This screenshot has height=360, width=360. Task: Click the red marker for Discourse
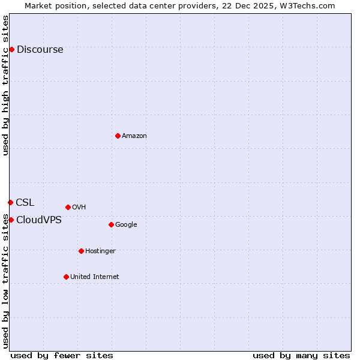click(11, 49)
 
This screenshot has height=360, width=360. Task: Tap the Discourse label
click(40, 50)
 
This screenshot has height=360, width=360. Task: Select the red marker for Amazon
click(118, 136)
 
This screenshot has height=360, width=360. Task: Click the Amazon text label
click(134, 136)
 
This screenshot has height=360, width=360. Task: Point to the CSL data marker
click(10, 202)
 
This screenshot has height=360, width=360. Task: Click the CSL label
click(25, 203)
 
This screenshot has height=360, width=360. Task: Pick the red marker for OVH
click(68, 207)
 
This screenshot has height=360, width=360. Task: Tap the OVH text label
click(79, 208)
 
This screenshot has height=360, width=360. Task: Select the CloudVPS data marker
click(11, 220)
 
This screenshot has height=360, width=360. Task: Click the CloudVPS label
click(39, 220)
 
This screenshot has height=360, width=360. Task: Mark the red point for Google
click(111, 224)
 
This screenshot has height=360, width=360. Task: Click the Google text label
click(126, 225)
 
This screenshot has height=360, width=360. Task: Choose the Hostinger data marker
click(81, 251)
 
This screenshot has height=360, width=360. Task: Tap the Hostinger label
click(100, 251)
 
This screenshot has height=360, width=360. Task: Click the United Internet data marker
click(66, 277)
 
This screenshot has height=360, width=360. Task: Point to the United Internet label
click(95, 277)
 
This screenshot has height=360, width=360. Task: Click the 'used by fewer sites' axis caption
click(62, 356)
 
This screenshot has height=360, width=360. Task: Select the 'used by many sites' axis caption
click(301, 356)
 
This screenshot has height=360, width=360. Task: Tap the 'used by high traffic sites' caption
click(6, 86)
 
